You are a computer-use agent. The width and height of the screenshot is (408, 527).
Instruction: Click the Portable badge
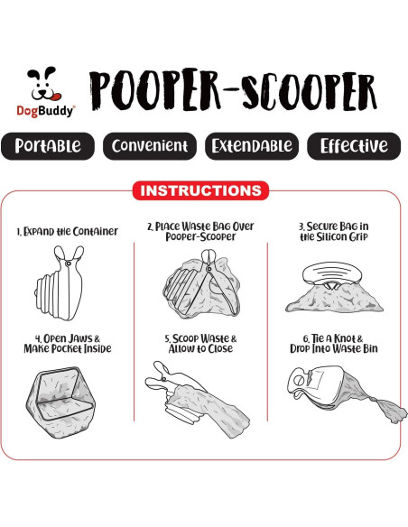pos(48,146)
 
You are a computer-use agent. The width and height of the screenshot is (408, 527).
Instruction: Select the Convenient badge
pos(149,146)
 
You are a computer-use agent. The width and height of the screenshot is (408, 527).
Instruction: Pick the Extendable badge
pos(250,146)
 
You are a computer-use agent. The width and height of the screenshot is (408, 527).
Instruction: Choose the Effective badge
pos(353,146)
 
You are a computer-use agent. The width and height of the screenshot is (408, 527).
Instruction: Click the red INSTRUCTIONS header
pos(202,191)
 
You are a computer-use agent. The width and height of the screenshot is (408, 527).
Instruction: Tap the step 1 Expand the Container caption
pos(68,231)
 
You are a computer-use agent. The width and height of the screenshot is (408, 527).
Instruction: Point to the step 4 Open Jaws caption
pos(68,344)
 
